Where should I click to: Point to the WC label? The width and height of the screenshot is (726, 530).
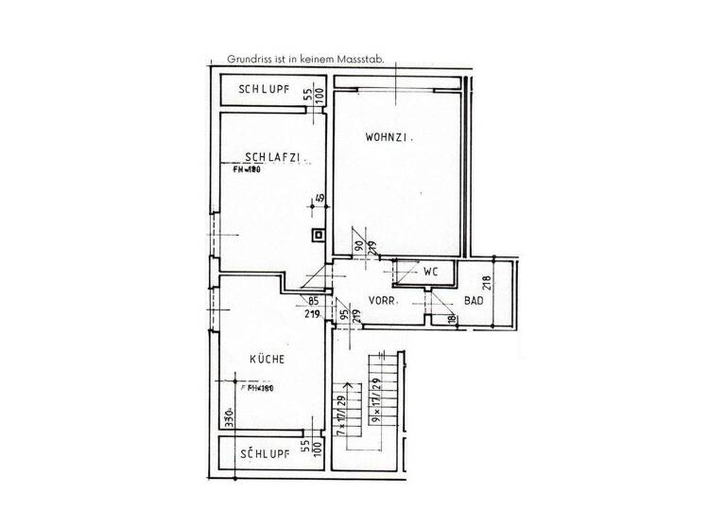pos(432,271)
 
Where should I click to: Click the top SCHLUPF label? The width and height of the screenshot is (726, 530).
pos(264,91)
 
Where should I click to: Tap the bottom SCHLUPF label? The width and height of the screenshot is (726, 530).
pos(264,454)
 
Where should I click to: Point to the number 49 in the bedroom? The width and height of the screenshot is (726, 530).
pos(320,199)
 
